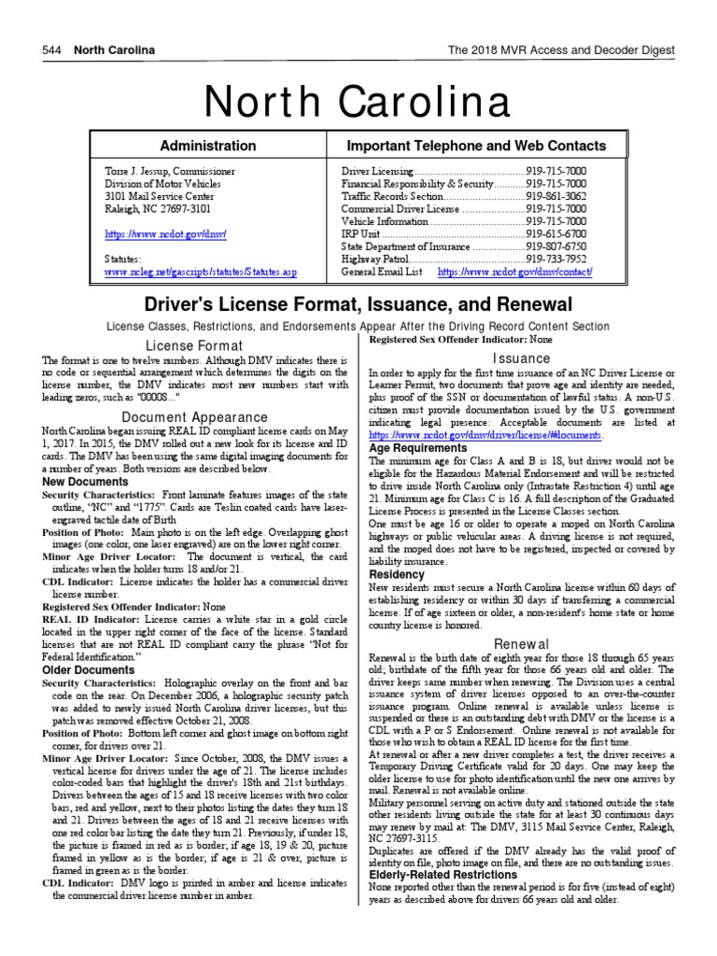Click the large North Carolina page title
click(x=358, y=98)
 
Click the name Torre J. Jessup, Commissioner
click(x=169, y=172)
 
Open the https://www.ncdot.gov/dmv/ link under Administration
click(x=166, y=233)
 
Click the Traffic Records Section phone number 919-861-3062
click(x=556, y=197)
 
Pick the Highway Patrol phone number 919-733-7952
click(x=556, y=259)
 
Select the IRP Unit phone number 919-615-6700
click(x=556, y=233)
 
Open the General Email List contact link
click(x=514, y=272)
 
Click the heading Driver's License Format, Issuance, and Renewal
click(x=357, y=305)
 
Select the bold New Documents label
click(x=85, y=481)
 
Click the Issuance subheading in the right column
click(x=521, y=358)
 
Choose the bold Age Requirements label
click(x=418, y=447)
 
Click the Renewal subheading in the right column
click(x=521, y=643)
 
